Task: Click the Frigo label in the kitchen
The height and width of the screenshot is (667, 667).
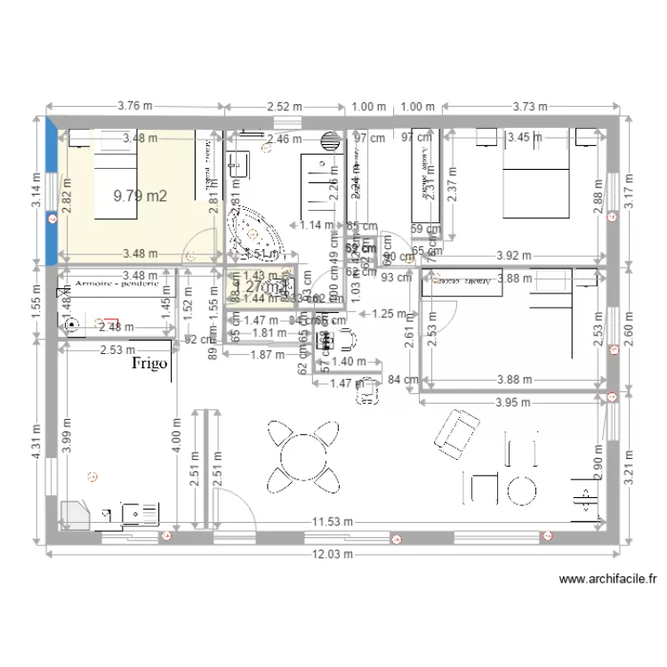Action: pos(150,364)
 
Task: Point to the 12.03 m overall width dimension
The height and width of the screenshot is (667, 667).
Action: pos(332,554)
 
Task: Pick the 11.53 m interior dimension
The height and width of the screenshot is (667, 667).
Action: pos(332,521)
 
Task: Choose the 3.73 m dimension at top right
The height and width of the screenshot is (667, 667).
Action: pos(530,106)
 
